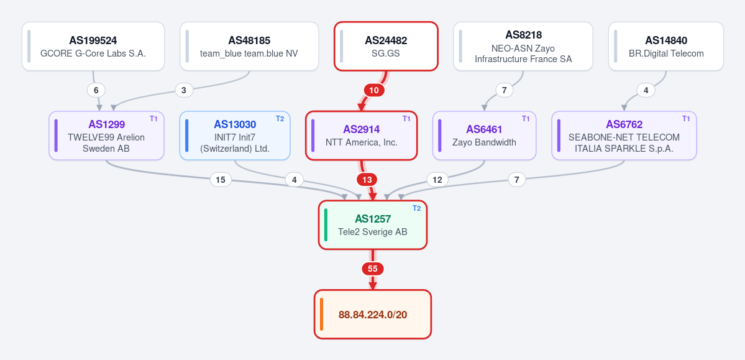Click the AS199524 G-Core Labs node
coord(93,46)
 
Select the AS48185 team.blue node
coord(249,46)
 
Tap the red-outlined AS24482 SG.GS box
coord(386,46)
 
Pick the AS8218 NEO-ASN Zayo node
coord(523,46)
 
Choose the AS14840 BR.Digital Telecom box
coord(665,46)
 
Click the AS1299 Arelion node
coord(106,136)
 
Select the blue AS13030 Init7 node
coord(235,136)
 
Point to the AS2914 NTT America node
coord(361,136)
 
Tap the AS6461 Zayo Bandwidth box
coord(484,136)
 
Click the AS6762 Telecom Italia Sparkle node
coord(624,136)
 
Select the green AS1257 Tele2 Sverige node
coord(373,225)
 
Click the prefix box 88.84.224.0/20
coord(373,315)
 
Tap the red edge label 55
coord(373,269)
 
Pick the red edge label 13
coord(367,180)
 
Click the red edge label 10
coord(374,90)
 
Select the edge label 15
coord(221,180)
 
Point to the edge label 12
coord(437,180)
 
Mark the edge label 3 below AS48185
coord(184,90)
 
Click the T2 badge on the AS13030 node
coord(280,118)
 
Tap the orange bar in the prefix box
coord(322,315)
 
